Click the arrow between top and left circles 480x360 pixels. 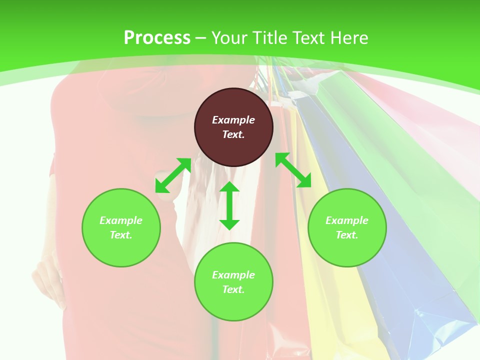[173, 175]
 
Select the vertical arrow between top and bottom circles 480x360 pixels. [229, 205]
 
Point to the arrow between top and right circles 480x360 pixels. [293, 170]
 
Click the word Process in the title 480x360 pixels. [157, 37]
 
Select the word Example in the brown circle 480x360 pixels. [233, 120]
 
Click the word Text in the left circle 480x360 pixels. [121, 235]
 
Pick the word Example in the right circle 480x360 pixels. [347, 220]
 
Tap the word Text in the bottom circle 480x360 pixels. [233, 289]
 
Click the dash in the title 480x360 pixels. [201, 38]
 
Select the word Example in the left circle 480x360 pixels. [121, 220]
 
